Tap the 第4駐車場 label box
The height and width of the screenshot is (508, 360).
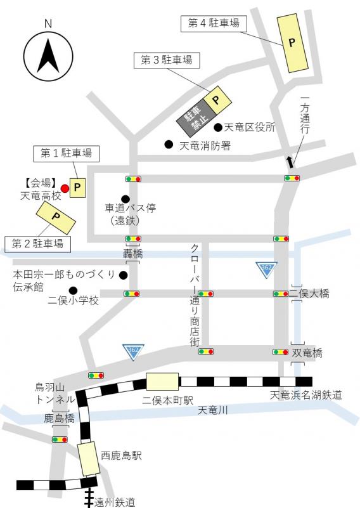tap(214, 23)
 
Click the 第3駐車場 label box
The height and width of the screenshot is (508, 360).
tap(166, 61)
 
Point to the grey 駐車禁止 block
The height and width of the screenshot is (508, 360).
tap(191, 117)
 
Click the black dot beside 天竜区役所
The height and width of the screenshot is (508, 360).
tap(217, 127)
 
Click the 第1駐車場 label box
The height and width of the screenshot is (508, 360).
tap(66, 153)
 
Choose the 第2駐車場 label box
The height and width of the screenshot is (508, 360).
tap(38, 243)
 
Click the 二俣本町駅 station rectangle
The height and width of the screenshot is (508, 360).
tap(162, 382)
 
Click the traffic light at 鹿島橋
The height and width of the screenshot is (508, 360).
tap(60, 440)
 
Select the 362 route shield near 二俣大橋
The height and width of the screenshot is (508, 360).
tap(266, 270)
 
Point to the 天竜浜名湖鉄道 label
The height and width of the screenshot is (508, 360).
tap(306, 395)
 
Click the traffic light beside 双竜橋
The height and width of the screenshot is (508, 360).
tap(281, 351)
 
